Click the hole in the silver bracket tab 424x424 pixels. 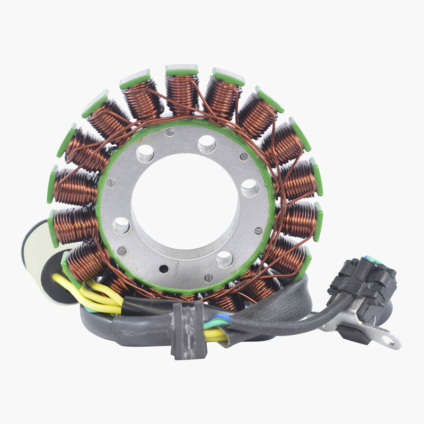click(x=391, y=339)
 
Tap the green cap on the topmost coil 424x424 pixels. click(x=182, y=69)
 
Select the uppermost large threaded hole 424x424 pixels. click(x=207, y=143)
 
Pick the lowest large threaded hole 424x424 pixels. click(x=224, y=259)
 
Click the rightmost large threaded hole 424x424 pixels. click(x=250, y=187)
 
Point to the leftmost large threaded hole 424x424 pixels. click(x=121, y=225)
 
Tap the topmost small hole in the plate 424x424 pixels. click(x=169, y=132)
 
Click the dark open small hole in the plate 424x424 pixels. click(x=164, y=269)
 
